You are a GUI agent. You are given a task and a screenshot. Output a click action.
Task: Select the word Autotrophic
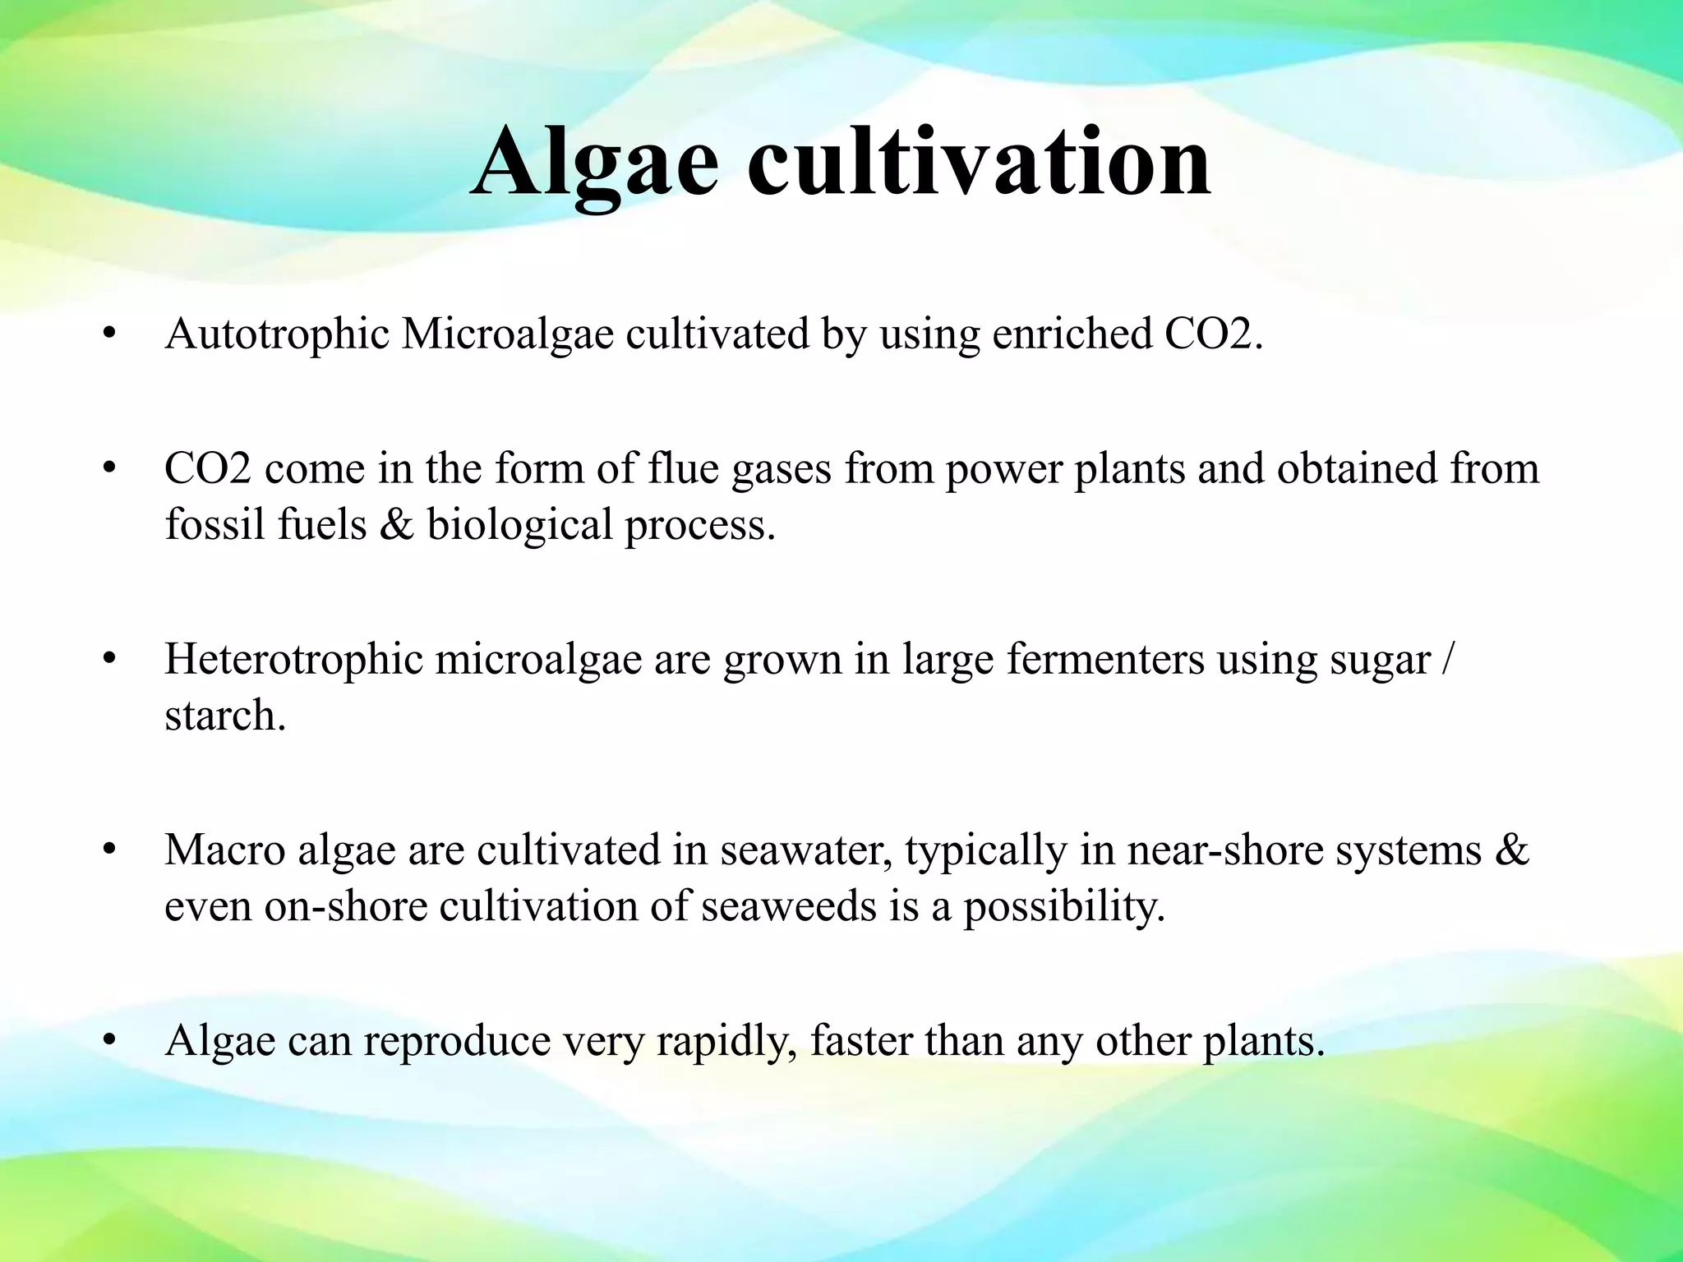click(x=277, y=334)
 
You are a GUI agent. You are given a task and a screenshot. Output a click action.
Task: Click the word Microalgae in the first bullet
click(x=507, y=334)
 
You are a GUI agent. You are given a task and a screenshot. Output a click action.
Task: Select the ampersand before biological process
click(x=397, y=524)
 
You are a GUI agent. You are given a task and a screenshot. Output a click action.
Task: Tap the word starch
click(x=225, y=716)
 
